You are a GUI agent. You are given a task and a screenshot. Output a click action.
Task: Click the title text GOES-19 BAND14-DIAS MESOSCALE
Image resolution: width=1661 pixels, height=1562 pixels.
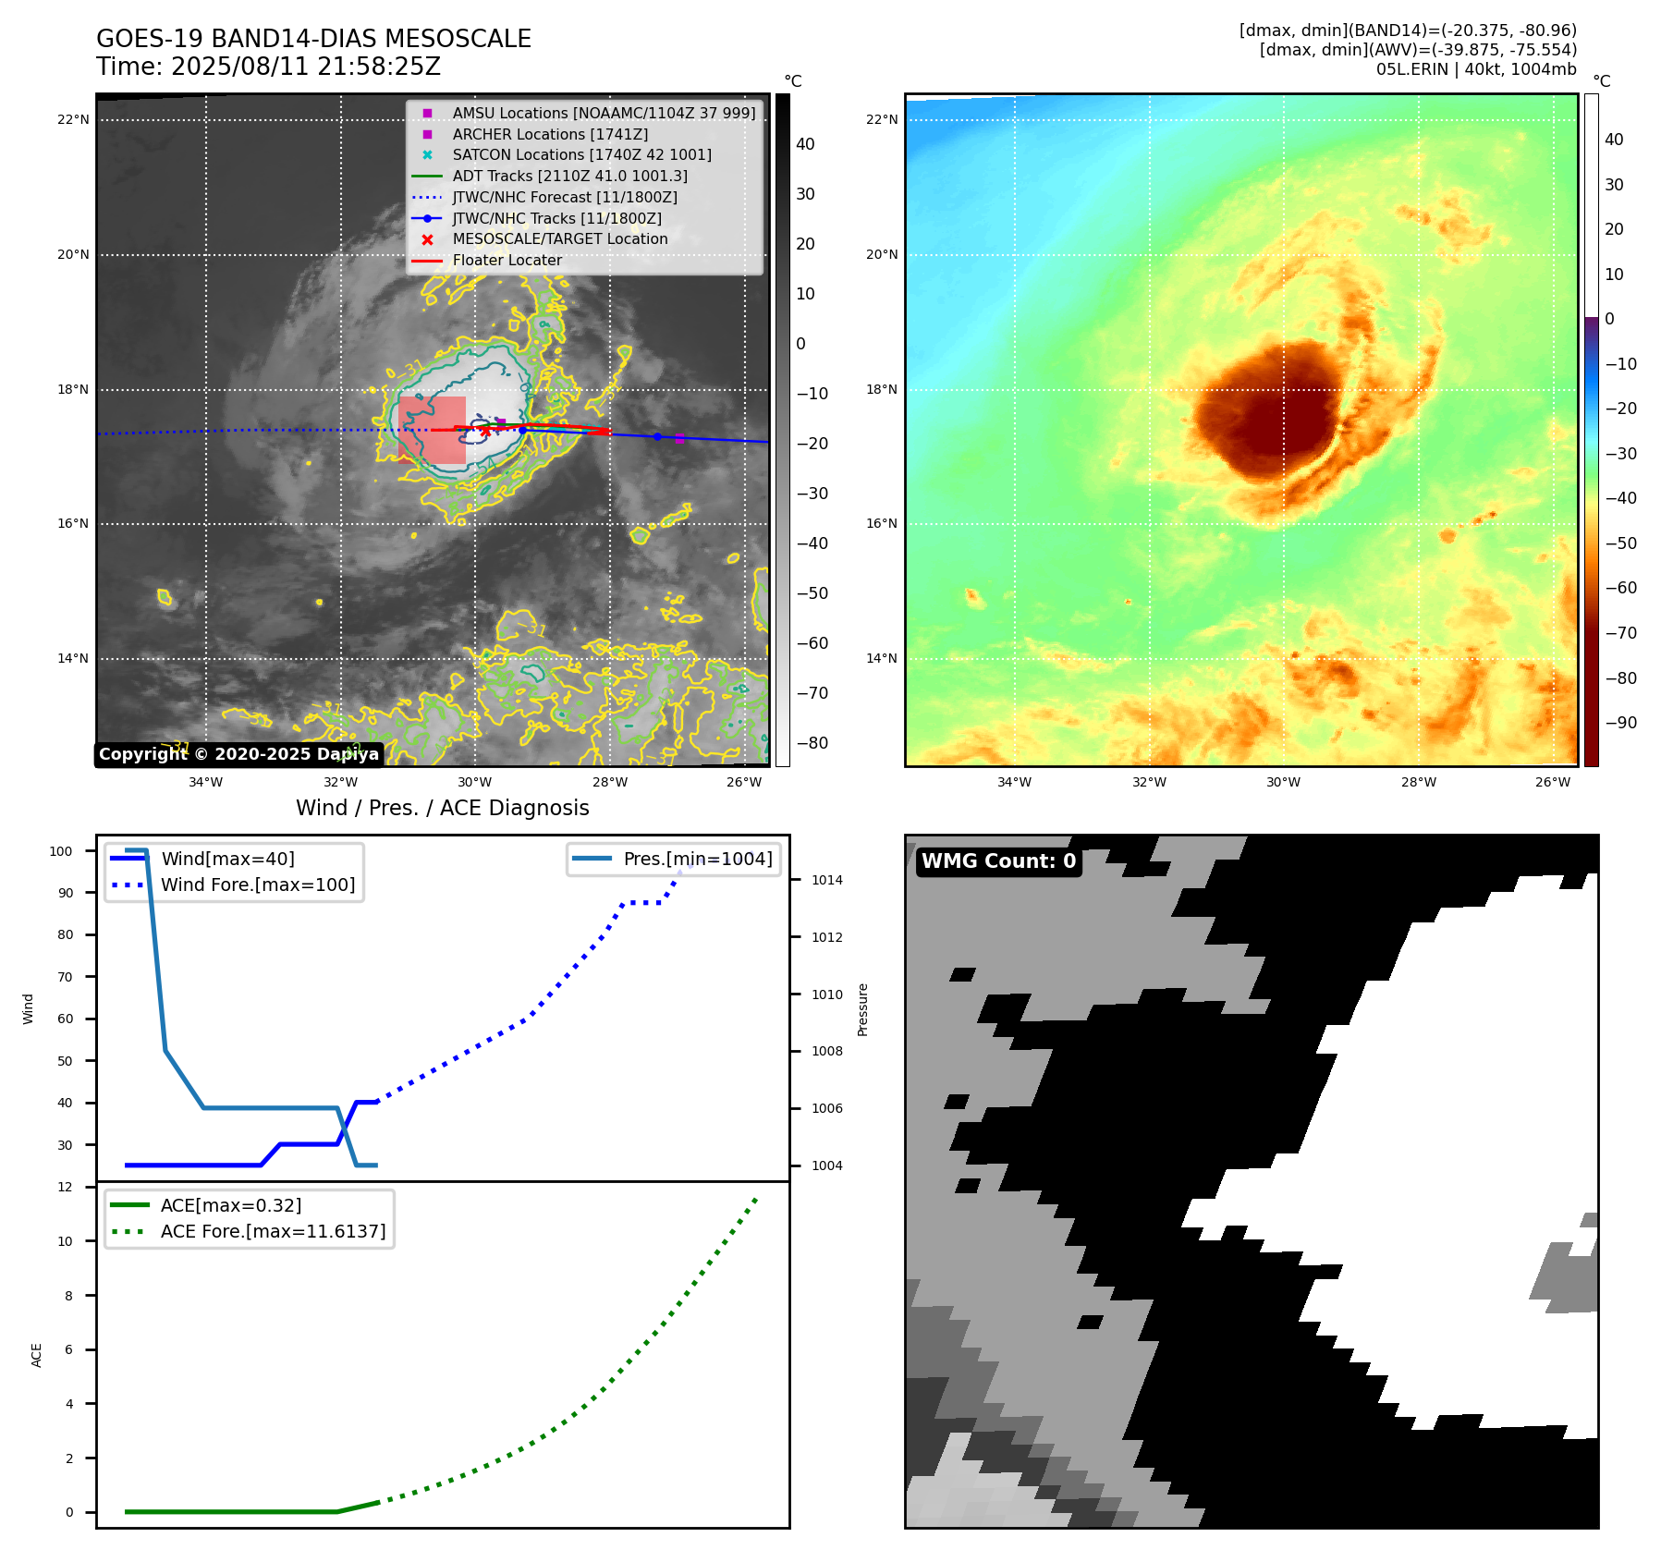[x=313, y=39]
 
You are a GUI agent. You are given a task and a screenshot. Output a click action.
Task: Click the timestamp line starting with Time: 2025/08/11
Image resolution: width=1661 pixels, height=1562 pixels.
[x=268, y=67]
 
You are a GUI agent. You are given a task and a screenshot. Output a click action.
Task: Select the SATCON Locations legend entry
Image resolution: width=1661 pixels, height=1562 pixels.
[x=581, y=154]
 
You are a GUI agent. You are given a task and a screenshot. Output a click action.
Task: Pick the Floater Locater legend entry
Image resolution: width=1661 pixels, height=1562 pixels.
[x=507, y=260]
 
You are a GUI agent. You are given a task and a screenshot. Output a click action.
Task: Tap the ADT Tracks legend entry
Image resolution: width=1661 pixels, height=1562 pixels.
[x=569, y=176]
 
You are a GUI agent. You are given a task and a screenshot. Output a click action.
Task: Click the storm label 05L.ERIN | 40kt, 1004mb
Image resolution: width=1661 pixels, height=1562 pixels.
[x=1475, y=69]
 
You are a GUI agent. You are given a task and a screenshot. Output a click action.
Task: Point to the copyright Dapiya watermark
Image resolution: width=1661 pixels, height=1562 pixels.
[x=238, y=754]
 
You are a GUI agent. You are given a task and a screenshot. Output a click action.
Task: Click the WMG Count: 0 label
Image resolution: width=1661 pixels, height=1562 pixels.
[x=998, y=861]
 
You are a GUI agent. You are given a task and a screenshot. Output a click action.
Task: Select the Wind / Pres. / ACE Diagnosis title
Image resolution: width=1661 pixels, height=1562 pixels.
[x=442, y=808]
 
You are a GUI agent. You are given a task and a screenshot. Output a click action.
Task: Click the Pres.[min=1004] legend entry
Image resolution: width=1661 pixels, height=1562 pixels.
[x=697, y=859]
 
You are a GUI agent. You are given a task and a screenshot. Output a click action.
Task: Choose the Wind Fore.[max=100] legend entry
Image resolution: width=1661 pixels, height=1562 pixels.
[x=257, y=885]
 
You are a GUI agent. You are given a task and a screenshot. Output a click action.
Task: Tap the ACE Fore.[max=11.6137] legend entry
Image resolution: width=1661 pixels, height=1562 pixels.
[x=273, y=1231]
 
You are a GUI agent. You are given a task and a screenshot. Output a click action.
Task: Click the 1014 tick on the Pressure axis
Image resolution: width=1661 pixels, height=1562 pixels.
[x=827, y=880]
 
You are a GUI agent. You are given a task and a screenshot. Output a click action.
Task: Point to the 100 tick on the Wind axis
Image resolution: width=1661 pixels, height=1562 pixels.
[x=61, y=851]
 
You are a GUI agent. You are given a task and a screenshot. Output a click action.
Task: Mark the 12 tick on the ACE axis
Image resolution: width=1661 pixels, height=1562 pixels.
[x=65, y=1187]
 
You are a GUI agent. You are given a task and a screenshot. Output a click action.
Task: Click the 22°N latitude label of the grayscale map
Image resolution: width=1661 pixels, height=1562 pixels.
[x=73, y=119]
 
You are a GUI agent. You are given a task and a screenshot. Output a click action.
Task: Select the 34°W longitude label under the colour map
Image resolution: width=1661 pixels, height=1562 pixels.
[x=1014, y=782]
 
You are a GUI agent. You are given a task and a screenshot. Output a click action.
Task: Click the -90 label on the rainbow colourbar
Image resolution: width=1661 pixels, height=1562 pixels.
[x=1620, y=723]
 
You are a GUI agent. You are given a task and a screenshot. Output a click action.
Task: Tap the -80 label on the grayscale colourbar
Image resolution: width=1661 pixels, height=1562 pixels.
[x=812, y=743]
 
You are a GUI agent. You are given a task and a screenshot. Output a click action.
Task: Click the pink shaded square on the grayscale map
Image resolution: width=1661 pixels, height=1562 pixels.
[x=433, y=430]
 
